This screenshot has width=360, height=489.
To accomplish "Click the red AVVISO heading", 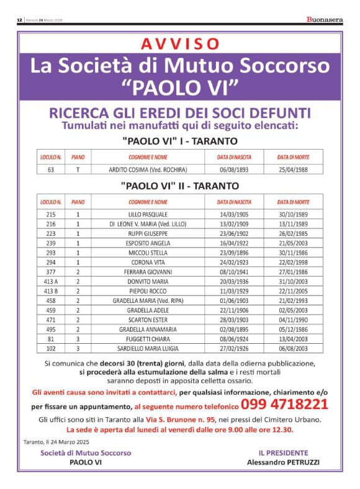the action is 180,43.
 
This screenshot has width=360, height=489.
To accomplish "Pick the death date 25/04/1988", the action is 294,169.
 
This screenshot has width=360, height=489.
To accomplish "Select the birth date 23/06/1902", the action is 234,233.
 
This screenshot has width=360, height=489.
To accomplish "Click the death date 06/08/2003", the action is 294,348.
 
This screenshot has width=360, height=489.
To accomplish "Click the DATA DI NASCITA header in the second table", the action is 234,202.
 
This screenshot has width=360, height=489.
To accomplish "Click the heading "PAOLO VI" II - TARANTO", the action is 179,186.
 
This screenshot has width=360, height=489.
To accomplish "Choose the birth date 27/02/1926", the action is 234,348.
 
